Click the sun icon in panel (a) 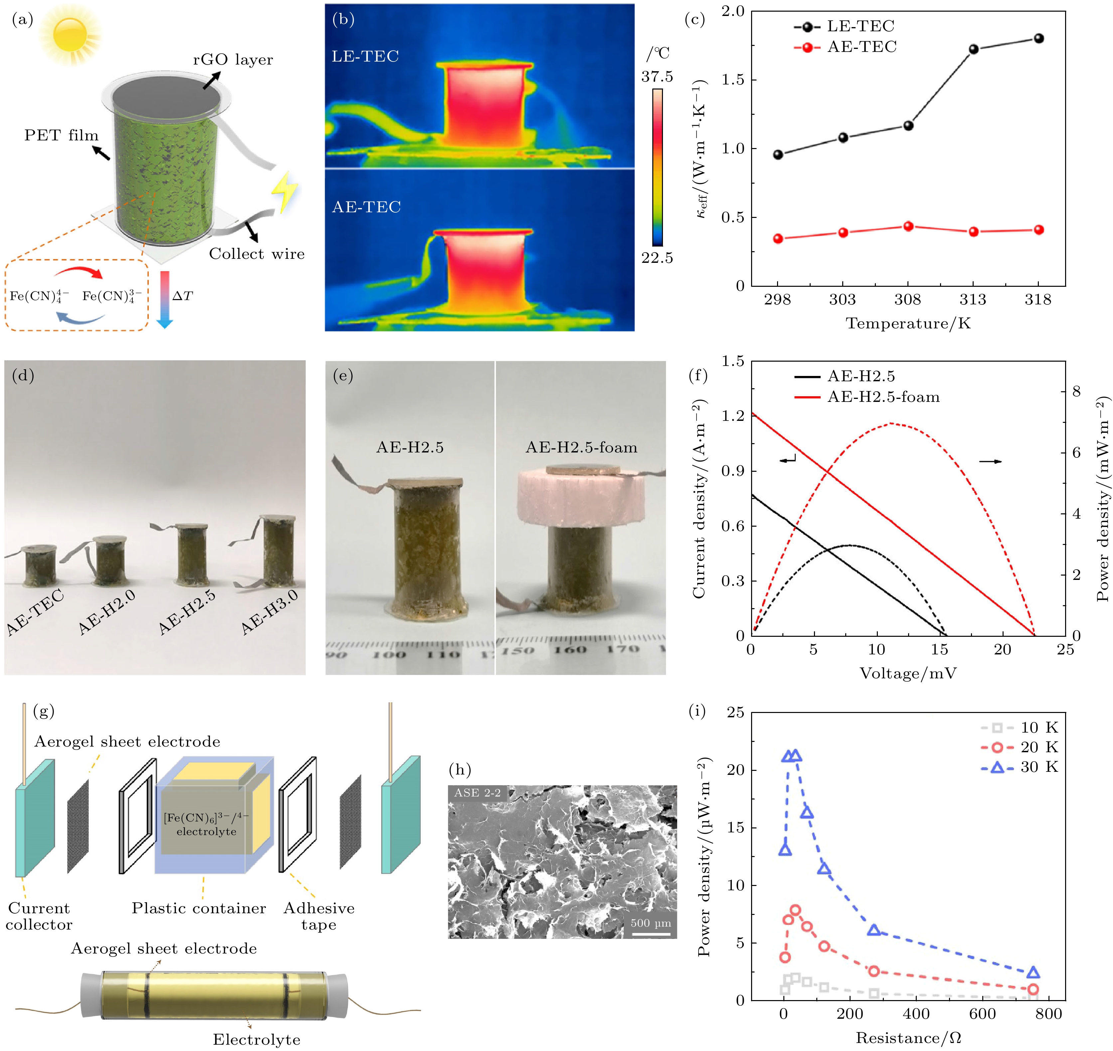click(70, 34)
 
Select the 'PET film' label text click(61, 135)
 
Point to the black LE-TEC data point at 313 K click(974, 49)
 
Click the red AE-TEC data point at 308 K click(908, 226)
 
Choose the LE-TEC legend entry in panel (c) click(846, 26)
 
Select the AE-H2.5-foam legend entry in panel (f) click(868, 397)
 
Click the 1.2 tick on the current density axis click(733, 416)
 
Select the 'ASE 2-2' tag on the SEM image click(477, 793)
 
